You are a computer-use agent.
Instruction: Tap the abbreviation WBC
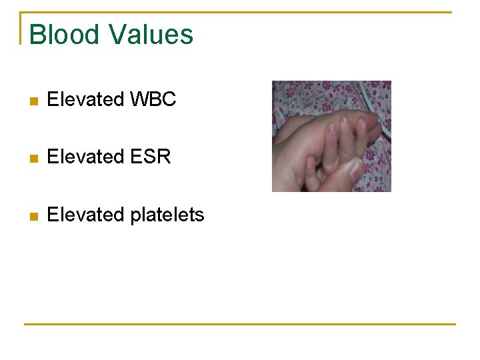coord(153,100)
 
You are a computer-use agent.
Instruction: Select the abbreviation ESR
coord(151,157)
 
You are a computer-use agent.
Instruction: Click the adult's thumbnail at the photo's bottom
coord(357,169)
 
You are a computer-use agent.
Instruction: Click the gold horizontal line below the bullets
coord(240,324)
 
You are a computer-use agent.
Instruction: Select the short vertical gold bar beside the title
coord(21,28)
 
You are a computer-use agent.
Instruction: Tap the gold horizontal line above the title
coord(240,12)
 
